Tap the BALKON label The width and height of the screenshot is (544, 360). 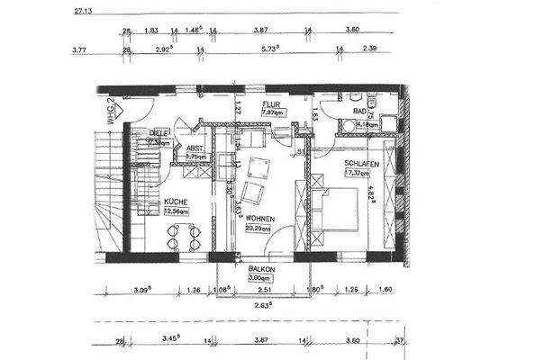[262, 268]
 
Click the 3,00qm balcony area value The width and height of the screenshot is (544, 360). [262, 278]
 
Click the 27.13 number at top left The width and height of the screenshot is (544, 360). [81, 12]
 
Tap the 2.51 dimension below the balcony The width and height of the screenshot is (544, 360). [263, 291]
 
